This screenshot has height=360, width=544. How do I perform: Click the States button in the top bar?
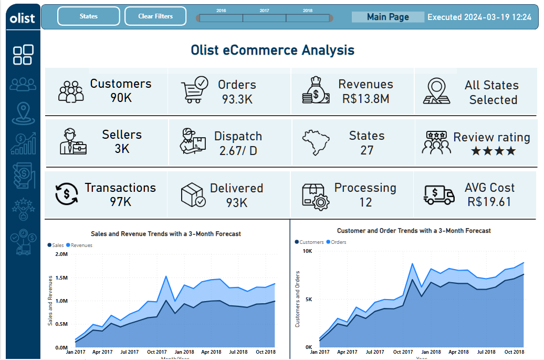88,16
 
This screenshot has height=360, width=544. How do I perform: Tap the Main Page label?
388,17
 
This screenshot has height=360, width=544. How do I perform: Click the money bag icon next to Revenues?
316,90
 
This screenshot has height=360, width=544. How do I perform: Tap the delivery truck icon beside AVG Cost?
439,194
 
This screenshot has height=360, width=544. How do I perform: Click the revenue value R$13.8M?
365,98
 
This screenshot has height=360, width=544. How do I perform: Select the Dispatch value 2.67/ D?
238,150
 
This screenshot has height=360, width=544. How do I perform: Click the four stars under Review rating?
493,151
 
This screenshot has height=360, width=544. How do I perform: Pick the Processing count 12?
365,202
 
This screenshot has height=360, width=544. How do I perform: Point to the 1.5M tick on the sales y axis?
61,277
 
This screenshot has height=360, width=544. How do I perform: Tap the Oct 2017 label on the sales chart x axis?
157,352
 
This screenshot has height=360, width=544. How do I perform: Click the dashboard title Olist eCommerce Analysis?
272,50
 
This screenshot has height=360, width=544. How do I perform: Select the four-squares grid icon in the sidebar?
23,55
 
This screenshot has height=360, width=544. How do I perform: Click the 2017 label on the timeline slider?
264,11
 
